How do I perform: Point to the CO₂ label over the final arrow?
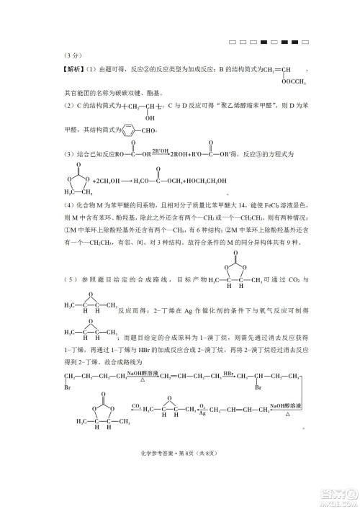(x=135, y=407)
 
